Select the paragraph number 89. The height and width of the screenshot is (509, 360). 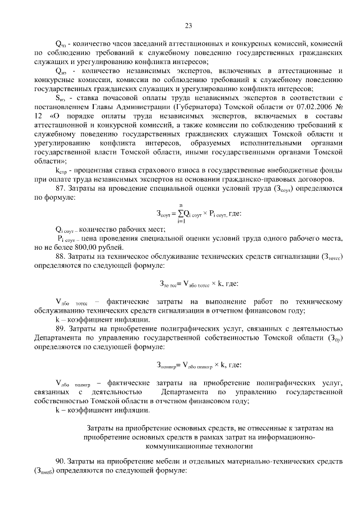click(x=61, y=328)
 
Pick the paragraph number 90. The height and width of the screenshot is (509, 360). click(x=61, y=461)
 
